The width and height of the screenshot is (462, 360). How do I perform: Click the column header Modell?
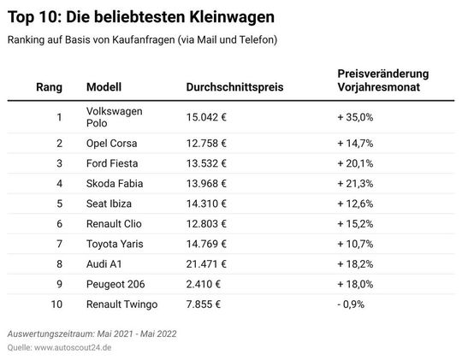(x=104, y=87)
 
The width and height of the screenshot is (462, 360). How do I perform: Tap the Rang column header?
(x=49, y=87)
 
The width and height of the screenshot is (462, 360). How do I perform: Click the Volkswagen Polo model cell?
(x=115, y=117)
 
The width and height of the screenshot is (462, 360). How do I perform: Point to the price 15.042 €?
(x=206, y=117)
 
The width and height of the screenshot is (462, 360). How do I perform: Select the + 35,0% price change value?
(x=355, y=117)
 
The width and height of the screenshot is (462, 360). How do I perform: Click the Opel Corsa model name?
(x=112, y=143)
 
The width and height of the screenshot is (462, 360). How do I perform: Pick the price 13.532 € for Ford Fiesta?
(x=206, y=163)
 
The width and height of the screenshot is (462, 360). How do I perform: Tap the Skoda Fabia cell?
(x=115, y=184)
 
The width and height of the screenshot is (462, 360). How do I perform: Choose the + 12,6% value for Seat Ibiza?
(x=355, y=204)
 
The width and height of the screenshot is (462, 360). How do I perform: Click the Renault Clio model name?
(x=115, y=224)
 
